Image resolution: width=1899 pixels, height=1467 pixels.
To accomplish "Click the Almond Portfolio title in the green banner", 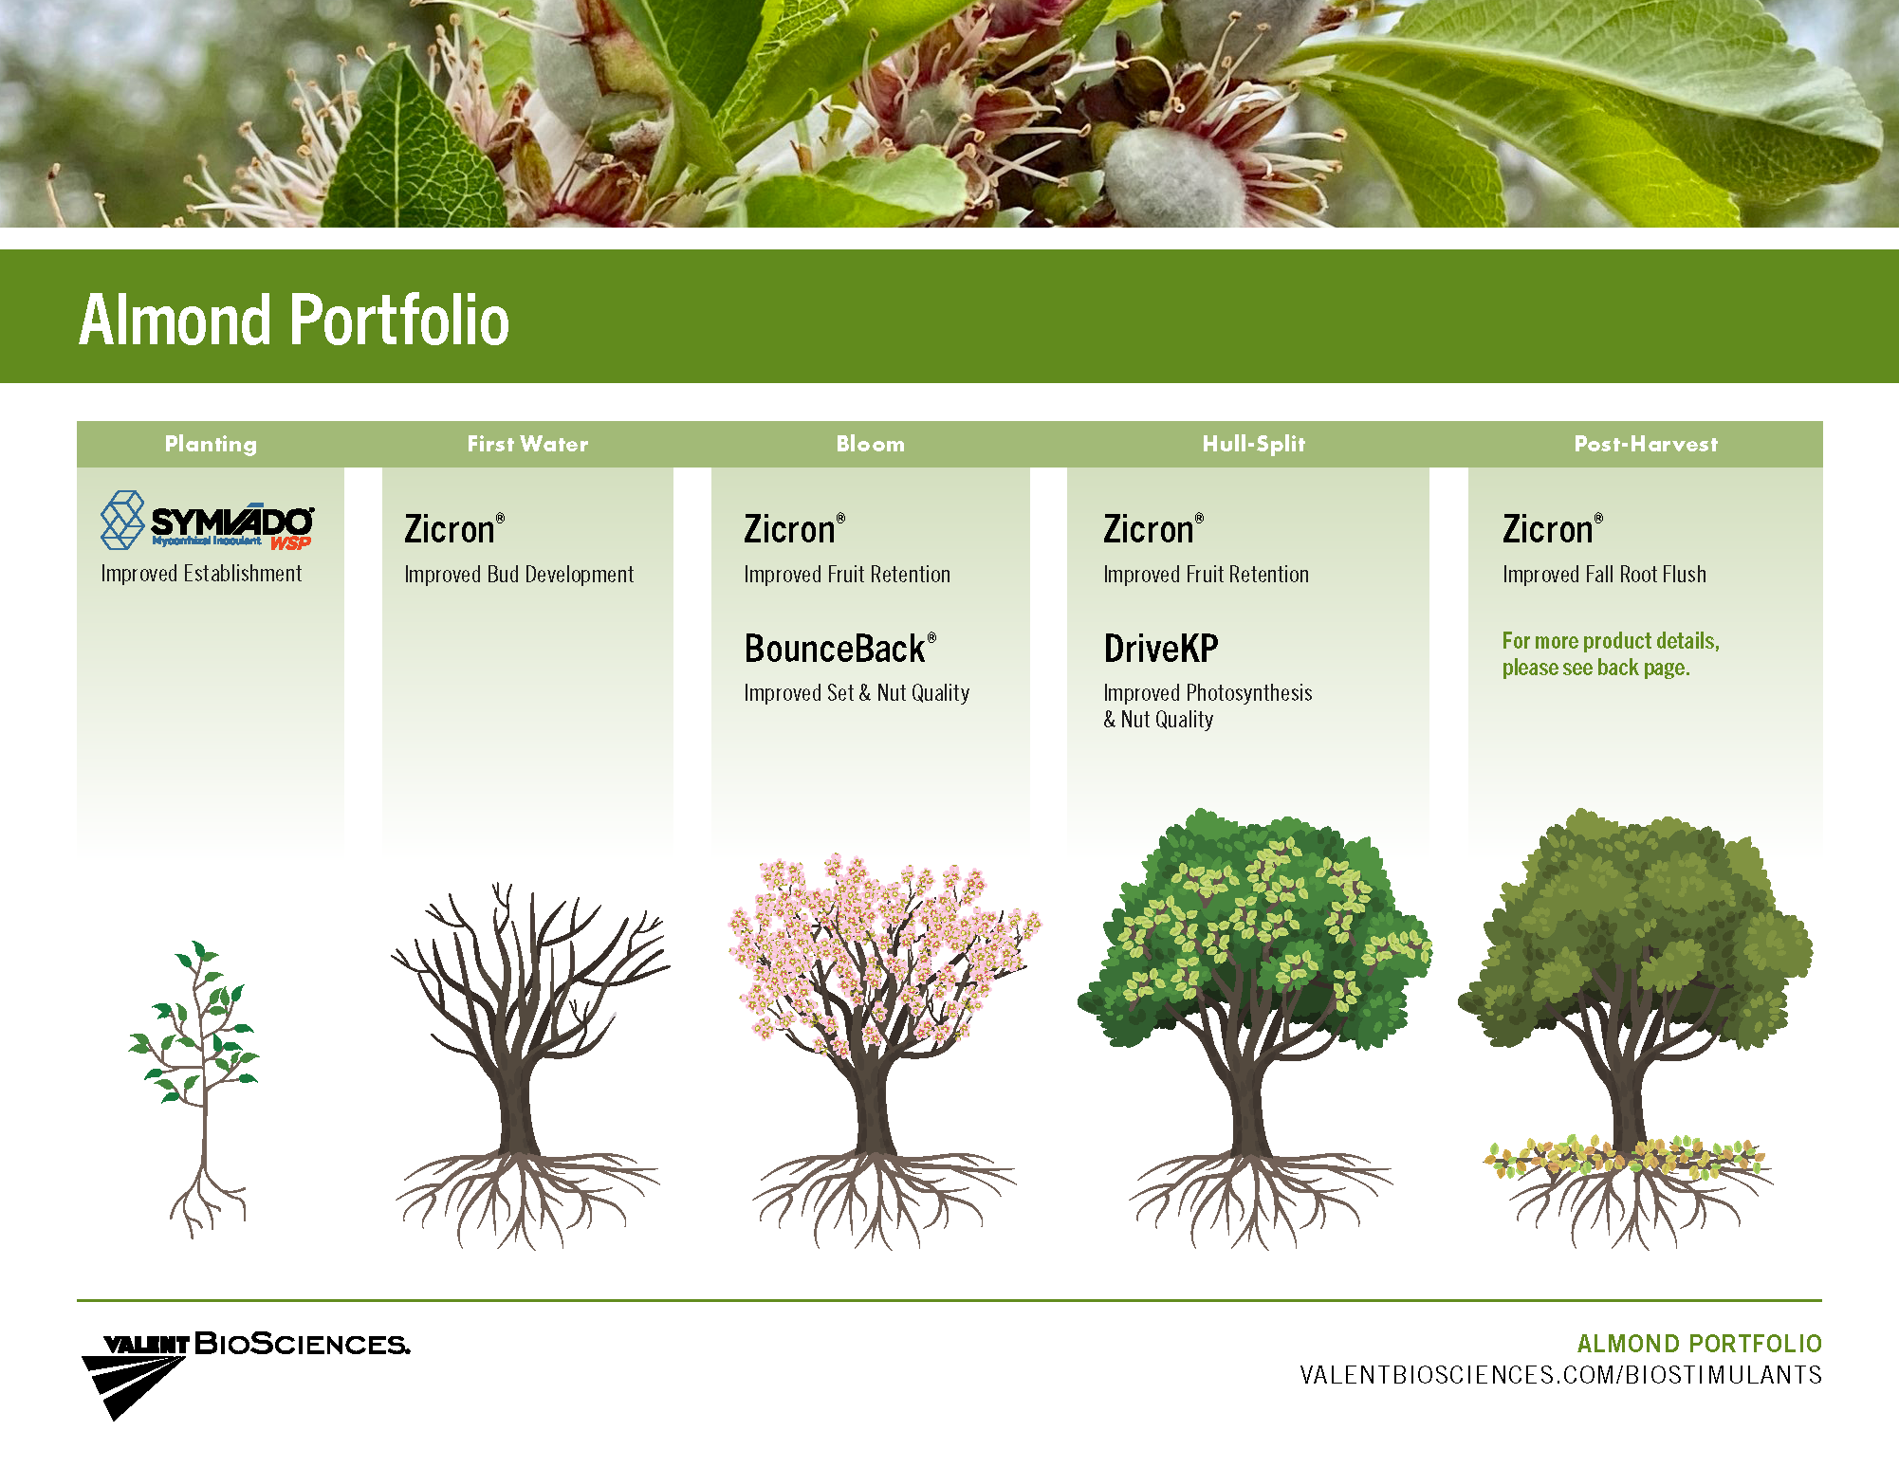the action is tap(294, 320).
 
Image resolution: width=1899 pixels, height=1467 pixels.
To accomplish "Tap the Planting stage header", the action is tap(211, 444).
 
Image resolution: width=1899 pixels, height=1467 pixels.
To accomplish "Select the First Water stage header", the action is tap(527, 444).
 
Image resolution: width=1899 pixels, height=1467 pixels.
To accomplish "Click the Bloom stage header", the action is tap(870, 444).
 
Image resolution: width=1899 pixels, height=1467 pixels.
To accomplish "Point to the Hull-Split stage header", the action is tap(1254, 444).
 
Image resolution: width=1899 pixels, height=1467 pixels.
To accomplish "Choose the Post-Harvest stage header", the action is tap(1646, 444).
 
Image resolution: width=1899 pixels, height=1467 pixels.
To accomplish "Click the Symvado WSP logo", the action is tap(208, 521).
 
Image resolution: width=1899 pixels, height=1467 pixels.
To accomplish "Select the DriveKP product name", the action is tap(1161, 649).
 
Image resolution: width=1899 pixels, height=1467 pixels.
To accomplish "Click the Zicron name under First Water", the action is tap(454, 529).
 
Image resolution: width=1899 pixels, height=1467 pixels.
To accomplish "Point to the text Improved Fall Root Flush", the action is tap(1604, 575).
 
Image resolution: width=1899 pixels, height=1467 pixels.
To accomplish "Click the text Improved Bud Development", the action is tap(519, 575).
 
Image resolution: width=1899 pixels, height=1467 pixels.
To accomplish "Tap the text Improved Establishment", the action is tap(201, 574).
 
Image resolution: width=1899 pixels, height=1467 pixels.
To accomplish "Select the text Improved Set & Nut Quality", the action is tap(857, 693).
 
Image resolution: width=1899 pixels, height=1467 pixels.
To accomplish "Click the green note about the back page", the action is tap(1611, 654).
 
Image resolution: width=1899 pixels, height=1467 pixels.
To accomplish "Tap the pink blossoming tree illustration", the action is tap(884, 1052).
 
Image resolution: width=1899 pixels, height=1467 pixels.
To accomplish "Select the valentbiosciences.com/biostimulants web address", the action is tap(1560, 1375).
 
